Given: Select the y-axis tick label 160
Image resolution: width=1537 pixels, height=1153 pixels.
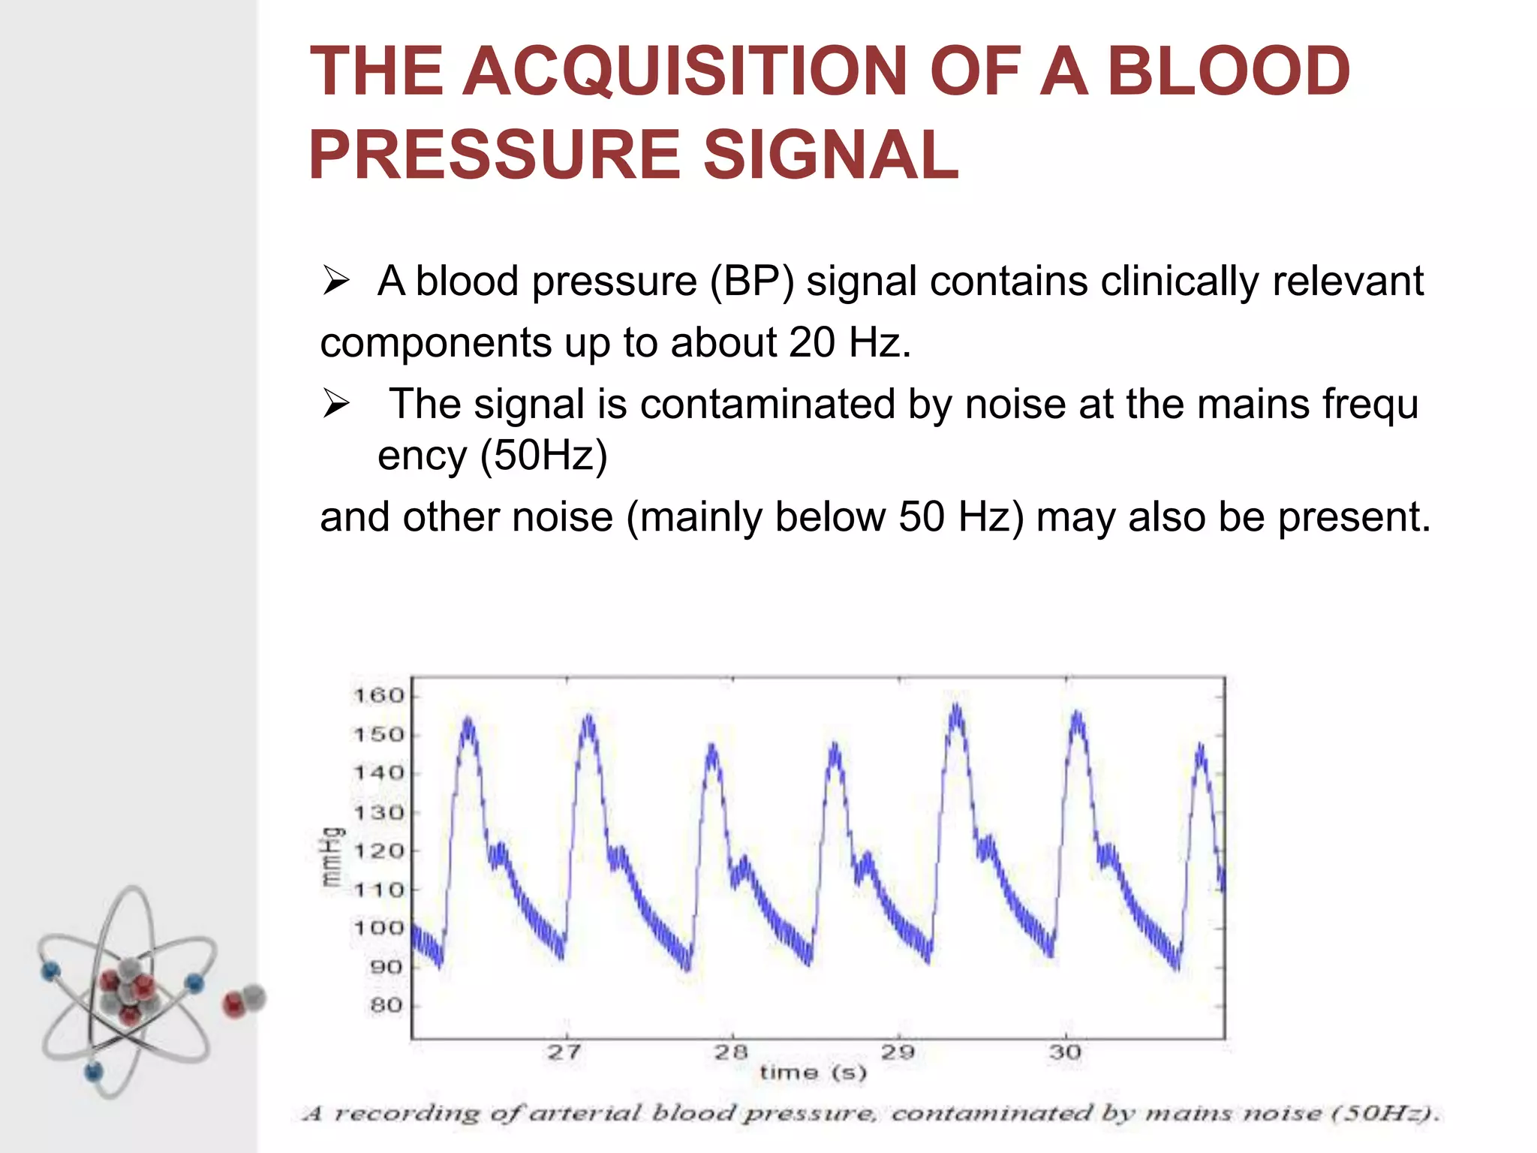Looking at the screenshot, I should [x=379, y=696].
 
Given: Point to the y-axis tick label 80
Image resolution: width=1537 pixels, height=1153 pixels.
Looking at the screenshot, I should [x=387, y=1006].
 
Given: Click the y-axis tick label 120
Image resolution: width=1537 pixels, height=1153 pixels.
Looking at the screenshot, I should [x=379, y=851].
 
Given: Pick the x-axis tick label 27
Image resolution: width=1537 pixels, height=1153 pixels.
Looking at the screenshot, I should [x=564, y=1052].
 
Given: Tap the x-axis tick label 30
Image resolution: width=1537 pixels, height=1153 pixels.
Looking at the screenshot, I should [x=1065, y=1052].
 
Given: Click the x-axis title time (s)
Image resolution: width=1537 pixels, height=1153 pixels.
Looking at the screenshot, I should [x=814, y=1073].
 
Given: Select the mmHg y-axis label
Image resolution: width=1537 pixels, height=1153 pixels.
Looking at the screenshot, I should [x=332, y=857].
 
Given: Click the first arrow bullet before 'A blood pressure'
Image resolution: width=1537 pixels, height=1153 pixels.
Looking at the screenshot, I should [x=335, y=281].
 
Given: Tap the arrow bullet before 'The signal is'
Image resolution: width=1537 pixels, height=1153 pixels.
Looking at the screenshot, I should [x=335, y=405].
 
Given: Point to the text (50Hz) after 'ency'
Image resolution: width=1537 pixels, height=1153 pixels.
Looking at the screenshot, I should [x=543, y=456].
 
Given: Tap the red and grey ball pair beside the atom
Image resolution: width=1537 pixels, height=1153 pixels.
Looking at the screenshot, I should [x=245, y=1001].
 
